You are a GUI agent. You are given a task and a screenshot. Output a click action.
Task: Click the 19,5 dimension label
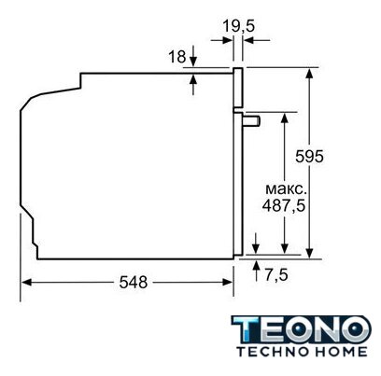[x=238, y=26]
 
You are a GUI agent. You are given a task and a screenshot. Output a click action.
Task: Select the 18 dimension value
[x=176, y=57]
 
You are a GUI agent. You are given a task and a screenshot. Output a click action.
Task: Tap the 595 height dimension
[x=309, y=157]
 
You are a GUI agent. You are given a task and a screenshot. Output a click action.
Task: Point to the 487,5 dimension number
[x=283, y=205]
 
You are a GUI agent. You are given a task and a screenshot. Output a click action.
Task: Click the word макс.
[x=286, y=189]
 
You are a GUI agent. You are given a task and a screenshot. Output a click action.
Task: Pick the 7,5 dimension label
[x=276, y=275]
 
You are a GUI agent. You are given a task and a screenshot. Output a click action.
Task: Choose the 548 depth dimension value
[x=134, y=283]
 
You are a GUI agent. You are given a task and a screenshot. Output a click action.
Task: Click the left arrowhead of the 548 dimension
[x=27, y=283]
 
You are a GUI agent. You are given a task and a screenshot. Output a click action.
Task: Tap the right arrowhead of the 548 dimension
[x=228, y=283]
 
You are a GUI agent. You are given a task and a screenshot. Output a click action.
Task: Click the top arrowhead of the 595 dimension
[x=309, y=74]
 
